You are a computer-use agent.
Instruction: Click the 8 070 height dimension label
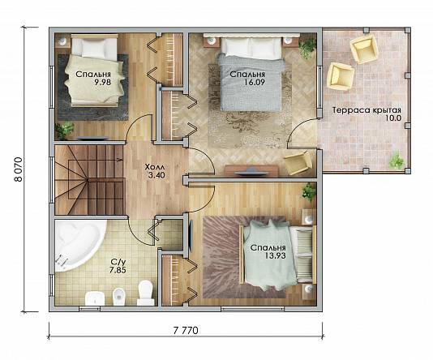pos(19,169)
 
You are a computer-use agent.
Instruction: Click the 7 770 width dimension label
pos(186,330)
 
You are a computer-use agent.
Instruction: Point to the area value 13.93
pos(276,255)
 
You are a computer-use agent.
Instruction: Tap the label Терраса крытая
pos(367,110)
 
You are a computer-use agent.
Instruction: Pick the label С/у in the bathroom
pos(117,262)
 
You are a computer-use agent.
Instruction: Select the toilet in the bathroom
pos(146,293)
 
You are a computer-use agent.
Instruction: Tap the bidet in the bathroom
pos(119,297)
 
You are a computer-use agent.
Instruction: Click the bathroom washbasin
pos(95,298)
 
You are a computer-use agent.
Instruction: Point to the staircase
pos(89,180)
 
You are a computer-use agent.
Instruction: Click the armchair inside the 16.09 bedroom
pos(298,163)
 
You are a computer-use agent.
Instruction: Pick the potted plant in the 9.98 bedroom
pos(64,130)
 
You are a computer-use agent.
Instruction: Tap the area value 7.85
pos(118,270)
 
